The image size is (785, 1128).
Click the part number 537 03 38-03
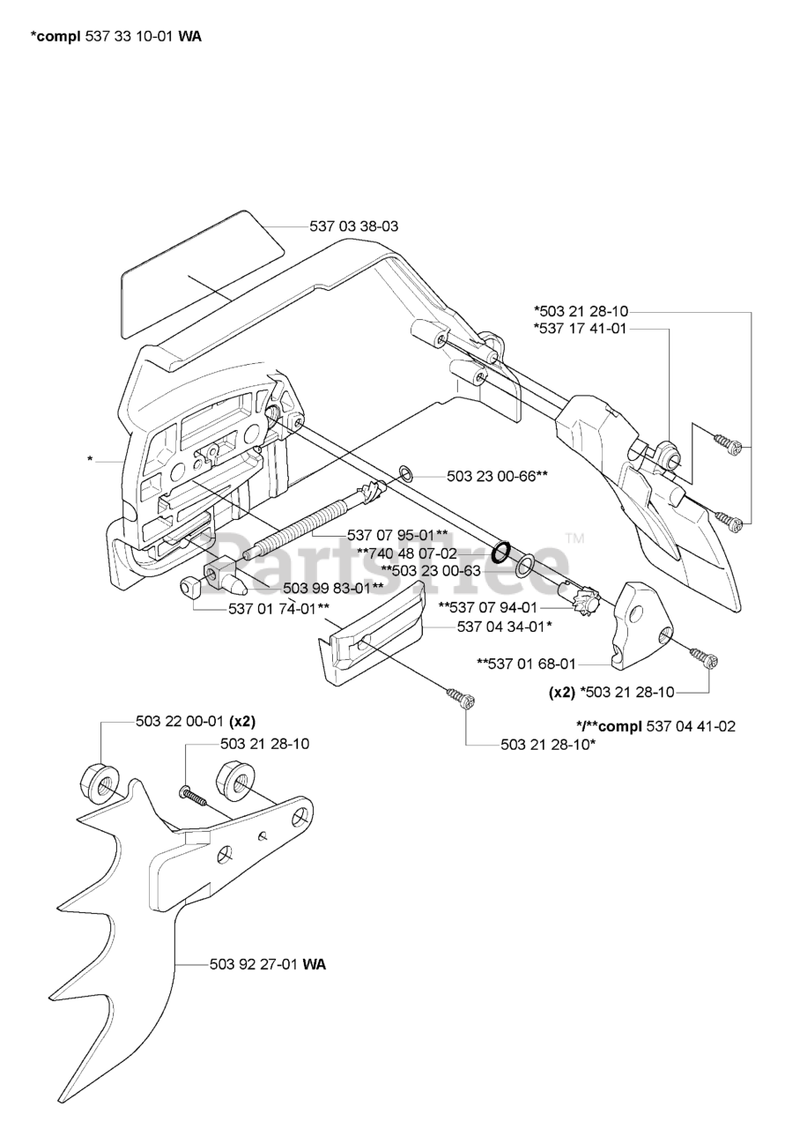coord(353,226)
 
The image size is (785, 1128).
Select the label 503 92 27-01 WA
coord(268,964)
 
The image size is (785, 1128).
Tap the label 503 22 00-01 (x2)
coord(189,721)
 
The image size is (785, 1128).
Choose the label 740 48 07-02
coord(406,553)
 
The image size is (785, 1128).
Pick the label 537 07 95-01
coord(397,535)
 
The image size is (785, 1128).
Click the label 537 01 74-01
coord(278,608)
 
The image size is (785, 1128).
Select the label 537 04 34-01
coord(504,627)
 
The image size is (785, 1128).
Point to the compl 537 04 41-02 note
coord(655,726)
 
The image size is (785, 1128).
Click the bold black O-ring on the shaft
coord(500,553)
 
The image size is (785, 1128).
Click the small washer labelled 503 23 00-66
coord(407,475)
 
